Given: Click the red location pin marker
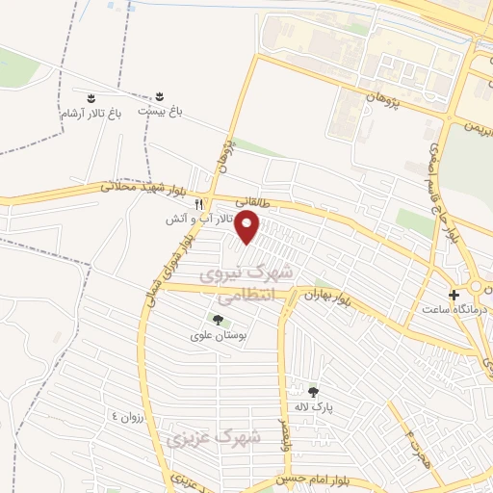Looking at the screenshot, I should [248, 228].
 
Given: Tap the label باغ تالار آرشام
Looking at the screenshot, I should [90, 114].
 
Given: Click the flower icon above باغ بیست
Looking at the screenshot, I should [159, 97].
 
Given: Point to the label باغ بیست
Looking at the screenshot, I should [160, 112].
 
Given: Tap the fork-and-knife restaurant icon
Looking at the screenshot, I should [200, 205].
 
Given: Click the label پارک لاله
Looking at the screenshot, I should [312, 406].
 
